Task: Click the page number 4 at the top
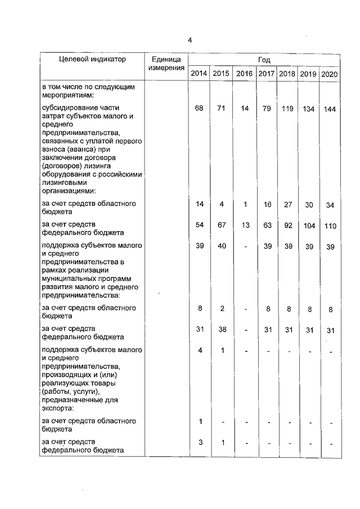190,40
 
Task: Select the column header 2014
199,74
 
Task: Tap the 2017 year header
266,74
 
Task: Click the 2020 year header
330,74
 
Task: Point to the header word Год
264,60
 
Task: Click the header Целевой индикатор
92,59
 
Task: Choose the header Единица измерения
166,64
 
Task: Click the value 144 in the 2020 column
330,109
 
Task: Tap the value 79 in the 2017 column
266,108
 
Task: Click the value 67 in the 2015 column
221,225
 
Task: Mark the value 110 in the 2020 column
330,226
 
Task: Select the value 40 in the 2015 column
221,245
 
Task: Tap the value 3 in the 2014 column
200,442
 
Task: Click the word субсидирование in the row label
69,107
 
